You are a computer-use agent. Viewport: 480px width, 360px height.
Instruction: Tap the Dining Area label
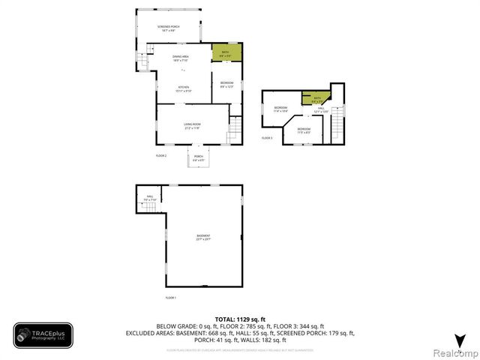pos(181,58)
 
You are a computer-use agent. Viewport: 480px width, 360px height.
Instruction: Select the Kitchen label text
pos(183,88)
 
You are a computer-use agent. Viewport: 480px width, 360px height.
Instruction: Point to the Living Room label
pos(193,126)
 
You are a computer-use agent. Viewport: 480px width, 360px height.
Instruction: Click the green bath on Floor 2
pos(226,52)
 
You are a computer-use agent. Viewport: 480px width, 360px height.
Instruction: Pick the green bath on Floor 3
pos(316,98)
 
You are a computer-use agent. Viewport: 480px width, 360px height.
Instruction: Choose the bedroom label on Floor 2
pos(226,84)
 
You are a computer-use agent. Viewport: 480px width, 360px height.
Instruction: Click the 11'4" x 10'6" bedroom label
pos(280,109)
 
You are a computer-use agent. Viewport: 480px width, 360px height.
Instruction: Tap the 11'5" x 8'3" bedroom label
pos(304,131)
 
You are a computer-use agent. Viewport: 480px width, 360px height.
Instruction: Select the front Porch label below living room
pos(198,157)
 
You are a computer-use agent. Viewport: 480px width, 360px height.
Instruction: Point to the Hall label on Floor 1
pos(150,198)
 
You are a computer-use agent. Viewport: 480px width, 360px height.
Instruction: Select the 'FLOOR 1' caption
pos(170,298)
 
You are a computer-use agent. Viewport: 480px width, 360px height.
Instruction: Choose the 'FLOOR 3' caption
pos(267,138)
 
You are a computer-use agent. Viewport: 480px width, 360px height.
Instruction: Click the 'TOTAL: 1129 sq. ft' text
pos(240,319)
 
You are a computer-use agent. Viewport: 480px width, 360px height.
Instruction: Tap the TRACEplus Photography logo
pos(43,335)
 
